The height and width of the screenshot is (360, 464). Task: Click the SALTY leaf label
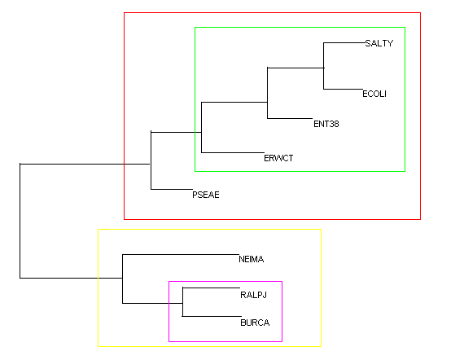pos(379,43)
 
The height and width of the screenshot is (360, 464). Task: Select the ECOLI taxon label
pos(374,94)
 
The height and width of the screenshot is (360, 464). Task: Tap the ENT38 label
pos(326,124)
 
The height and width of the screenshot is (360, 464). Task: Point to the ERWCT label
pos(278,158)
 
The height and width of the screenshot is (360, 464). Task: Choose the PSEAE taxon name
pos(206,195)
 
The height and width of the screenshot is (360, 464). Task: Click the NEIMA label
pos(252,259)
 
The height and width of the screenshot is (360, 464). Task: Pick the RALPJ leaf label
pos(254,295)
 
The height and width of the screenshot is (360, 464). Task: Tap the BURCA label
pos(255,323)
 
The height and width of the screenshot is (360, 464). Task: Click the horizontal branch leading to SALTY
pos(344,43)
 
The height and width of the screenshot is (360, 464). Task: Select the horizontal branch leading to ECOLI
pos(343,89)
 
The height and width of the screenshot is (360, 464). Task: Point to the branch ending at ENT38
pos(290,118)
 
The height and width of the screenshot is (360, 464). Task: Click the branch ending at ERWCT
pos(233,152)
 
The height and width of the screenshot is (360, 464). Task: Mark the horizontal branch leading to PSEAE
pos(172,189)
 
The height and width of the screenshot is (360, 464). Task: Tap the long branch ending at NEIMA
pos(181,254)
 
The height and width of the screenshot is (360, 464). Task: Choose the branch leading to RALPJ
pos(212,288)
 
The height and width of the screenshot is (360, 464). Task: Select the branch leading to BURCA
pos(212,317)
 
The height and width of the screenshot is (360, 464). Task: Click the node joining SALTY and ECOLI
pos(323,68)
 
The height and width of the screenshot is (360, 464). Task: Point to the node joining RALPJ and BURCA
pos(182,303)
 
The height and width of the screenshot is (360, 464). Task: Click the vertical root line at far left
pos(20,221)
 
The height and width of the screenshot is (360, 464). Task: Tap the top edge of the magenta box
pos(225,282)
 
